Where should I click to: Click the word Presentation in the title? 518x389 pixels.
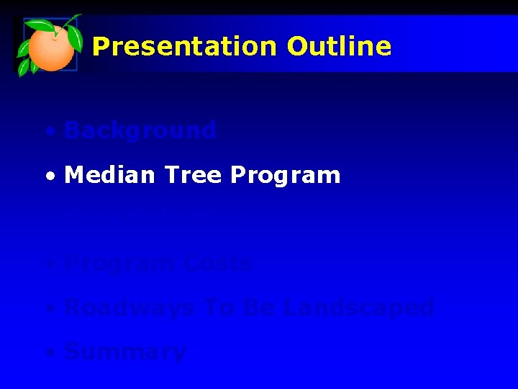pyautogui.click(x=184, y=47)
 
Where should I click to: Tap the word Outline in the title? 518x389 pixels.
pyautogui.click(x=339, y=47)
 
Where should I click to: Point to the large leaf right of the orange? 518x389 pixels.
pyautogui.click(x=73, y=34)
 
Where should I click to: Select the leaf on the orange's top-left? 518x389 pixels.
pyautogui.click(x=37, y=28)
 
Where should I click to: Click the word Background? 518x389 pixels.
pyautogui.click(x=140, y=130)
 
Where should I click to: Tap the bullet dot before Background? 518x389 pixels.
pyautogui.click(x=48, y=133)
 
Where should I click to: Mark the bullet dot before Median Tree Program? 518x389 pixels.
pyautogui.click(x=48, y=177)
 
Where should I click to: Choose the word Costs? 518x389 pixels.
pyautogui.click(x=217, y=263)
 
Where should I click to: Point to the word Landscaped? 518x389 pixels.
pyautogui.click(x=358, y=309)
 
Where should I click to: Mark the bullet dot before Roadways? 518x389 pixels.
pyautogui.click(x=48, y=310)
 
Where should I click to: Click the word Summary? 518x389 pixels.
pyautogui.click(x=125, y=353)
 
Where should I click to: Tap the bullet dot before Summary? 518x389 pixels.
pyautogui.click(x=48, y=354)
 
